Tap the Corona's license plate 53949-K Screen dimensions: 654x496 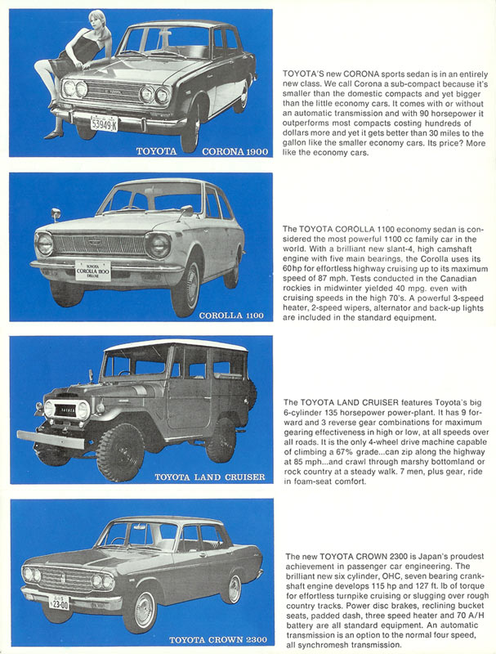(x=103, y=124)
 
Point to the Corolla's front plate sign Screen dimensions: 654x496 (x=92, y=271)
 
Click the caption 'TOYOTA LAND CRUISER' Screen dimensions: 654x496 (x=210, y=476)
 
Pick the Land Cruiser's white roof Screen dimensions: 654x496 (x=177, y=347)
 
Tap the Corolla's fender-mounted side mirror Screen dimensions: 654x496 (x=56, y=215)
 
